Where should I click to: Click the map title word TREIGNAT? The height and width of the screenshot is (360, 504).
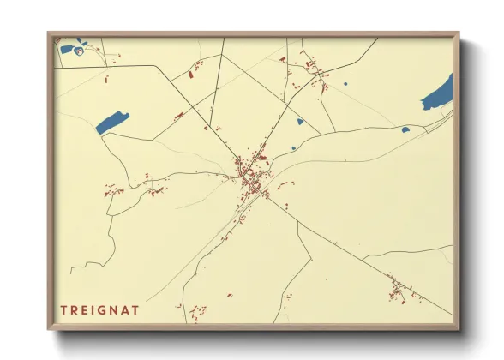click(101, 309)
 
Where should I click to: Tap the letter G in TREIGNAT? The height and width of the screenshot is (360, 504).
click(105, 309)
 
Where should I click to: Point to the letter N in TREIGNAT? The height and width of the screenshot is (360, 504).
click(117, 309)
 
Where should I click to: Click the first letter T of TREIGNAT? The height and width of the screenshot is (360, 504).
click(63, 309)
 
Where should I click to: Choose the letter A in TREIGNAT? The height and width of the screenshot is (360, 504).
click(129, 309)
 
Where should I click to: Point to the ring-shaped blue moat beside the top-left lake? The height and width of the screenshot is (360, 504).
click(79, 51)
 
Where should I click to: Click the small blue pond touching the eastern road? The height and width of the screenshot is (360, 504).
click(405, 130)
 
